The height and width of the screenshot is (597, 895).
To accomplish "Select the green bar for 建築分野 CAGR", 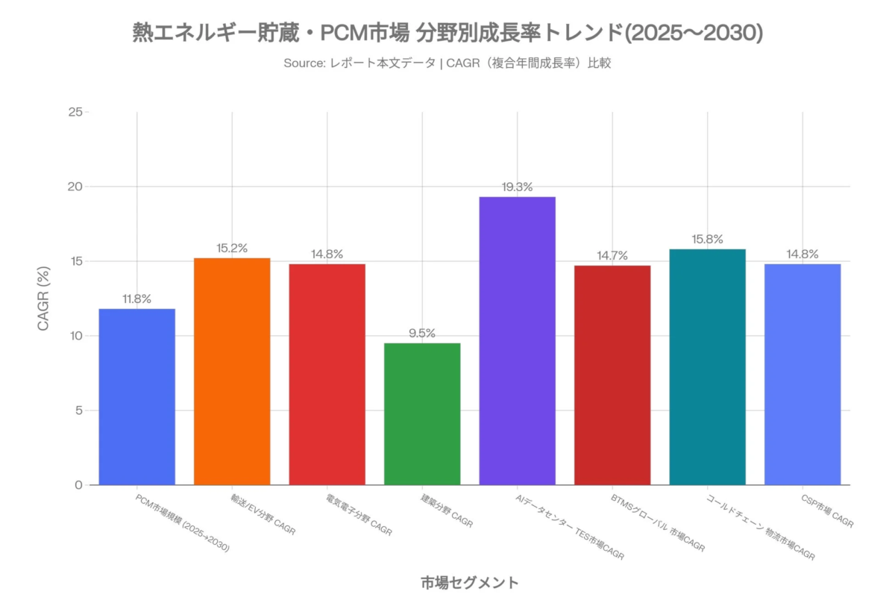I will coord(422,414).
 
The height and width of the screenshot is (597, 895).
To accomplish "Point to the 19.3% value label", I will coord(517,187).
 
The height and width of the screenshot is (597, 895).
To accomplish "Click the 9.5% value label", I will coord(422,334).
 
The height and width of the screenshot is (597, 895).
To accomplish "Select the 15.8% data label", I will coord(707,240).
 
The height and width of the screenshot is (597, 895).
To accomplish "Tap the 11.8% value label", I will coord(137,299).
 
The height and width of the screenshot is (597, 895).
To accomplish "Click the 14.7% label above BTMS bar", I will coord(612,256).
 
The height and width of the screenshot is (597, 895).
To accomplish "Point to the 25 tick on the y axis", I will coord(75,112).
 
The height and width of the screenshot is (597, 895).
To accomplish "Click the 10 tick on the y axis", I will coord(75,336).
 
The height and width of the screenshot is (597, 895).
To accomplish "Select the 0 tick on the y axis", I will coord(78,485).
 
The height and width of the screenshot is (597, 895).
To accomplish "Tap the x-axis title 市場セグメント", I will coord(469,582).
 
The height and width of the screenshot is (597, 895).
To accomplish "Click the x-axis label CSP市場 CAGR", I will coord(826,510).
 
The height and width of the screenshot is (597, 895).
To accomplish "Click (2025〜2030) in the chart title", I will coord(693,33).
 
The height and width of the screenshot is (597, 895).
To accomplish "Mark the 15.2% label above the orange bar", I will coord(232,249).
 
